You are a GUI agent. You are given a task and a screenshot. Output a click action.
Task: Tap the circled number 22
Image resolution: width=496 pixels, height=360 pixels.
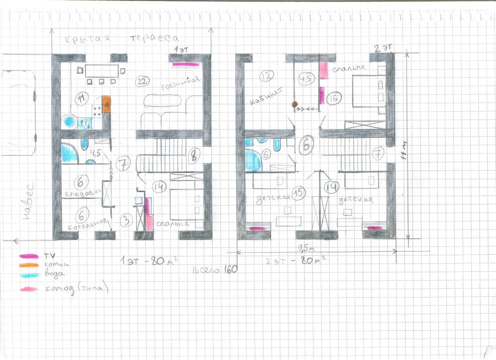142,82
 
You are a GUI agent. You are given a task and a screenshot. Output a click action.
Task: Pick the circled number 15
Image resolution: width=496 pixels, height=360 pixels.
298,194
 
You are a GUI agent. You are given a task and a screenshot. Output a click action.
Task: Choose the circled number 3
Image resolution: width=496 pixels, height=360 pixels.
127,221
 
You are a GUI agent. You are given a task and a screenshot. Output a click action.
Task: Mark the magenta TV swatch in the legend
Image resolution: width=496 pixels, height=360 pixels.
28,256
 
